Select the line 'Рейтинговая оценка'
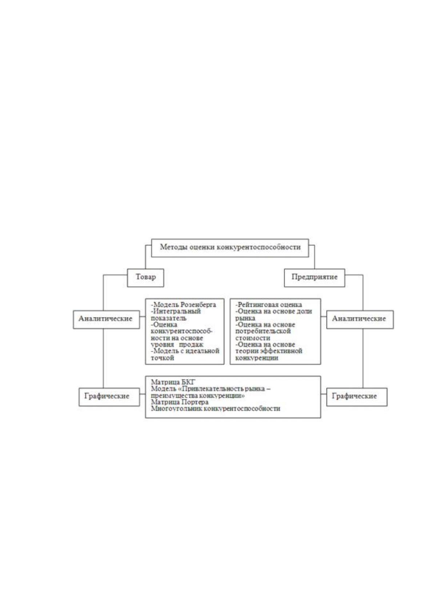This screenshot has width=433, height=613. click(x=270, y=305)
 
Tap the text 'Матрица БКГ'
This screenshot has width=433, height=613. click(x=173, y=382)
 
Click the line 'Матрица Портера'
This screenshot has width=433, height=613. click(x=180, y=402)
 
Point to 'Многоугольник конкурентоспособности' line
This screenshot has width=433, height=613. click(x=215, y=408)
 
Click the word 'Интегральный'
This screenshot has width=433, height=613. click(x=177, y=311)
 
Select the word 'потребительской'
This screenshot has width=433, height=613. click(x=263, y=331)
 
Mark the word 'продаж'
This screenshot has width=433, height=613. click(x=191, y=344)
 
